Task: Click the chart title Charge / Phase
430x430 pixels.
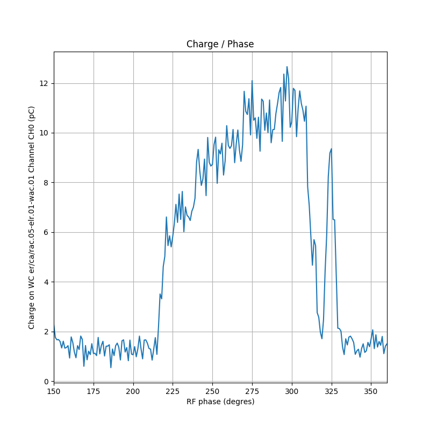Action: pos(220,44)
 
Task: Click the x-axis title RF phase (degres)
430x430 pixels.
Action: pos(220,402)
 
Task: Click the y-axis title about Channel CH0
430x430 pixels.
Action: pos(32,217)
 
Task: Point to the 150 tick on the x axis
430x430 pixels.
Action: pos(54,391)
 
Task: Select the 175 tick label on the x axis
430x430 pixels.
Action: pos(94,391)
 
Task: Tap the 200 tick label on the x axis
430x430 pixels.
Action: pos(133,391)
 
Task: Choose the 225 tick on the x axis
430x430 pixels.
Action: pos(173,391)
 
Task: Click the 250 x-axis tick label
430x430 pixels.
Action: pos(212,391)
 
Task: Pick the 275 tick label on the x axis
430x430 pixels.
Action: pos(252,391)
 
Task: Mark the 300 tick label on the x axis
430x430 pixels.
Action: pos(292,391)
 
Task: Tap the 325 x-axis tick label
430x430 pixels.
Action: pos(331,391)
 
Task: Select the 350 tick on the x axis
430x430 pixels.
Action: pos(371,391)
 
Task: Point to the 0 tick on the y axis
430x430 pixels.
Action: pos(47,381)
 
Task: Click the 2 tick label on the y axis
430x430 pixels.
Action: pos(47,332)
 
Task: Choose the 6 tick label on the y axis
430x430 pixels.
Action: pos(47,232)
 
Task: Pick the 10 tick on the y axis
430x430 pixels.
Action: pos(45,133)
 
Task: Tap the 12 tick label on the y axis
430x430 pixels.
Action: pos(45,83)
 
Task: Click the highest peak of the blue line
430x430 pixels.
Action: pos(287,67)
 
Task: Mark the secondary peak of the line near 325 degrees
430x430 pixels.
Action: pos(331,149)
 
